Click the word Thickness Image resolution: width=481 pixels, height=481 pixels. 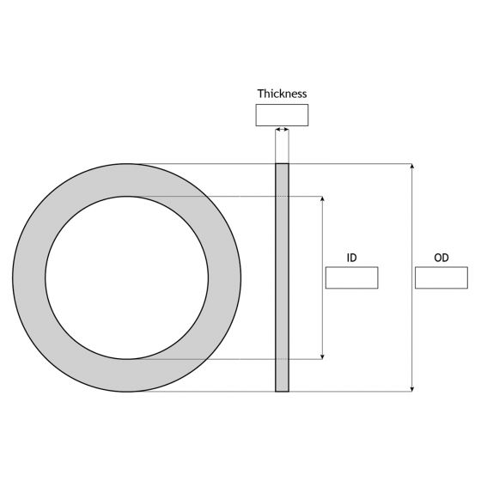click(282, 94)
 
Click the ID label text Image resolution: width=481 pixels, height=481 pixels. click(351, 258)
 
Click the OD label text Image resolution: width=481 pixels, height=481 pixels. click(441, 258)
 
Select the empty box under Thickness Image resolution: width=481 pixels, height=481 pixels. click(282, 115)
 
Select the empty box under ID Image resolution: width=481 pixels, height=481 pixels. click(351, 277)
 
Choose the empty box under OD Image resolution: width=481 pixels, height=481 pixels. click(441, 277)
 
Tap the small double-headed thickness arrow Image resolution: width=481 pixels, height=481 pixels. click(282, 131)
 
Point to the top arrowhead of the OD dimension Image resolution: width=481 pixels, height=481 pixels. click(413, 167)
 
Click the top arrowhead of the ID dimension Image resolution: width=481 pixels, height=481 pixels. click(322, 199)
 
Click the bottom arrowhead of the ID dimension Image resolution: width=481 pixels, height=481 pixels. click(322, 355)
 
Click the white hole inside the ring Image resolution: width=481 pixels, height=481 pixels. click(126, 277)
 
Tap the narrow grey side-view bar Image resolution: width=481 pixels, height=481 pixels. click(282, 277)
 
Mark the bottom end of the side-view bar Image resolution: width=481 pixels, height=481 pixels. click(282, 390)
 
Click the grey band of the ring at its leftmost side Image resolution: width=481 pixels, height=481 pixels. click(29, 277)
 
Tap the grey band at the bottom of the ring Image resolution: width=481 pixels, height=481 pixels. click(126, 375)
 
